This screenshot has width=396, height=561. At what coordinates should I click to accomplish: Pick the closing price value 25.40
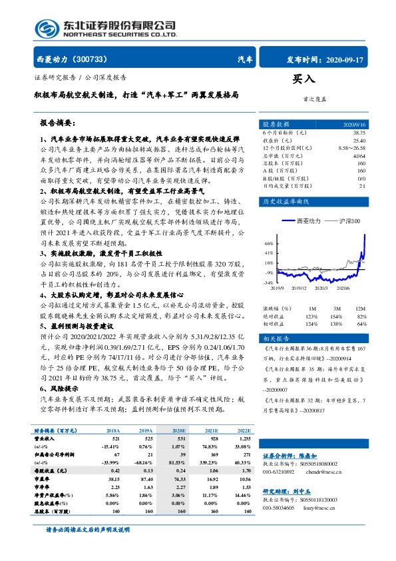pos(359,141)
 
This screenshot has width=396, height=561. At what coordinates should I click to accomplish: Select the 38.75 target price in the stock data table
pos(359,133)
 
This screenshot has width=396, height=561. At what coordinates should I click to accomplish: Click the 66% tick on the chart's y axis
pos(269,243)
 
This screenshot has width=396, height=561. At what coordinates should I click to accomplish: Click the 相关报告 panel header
pos(275,338)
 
